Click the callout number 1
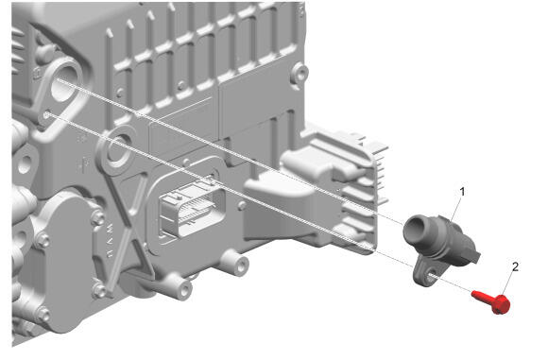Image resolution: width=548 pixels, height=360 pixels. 462,192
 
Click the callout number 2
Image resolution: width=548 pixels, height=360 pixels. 515,267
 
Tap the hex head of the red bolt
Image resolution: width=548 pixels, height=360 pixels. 501,304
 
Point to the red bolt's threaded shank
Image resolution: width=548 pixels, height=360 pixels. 482,296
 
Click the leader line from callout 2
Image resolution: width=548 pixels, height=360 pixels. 507,283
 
